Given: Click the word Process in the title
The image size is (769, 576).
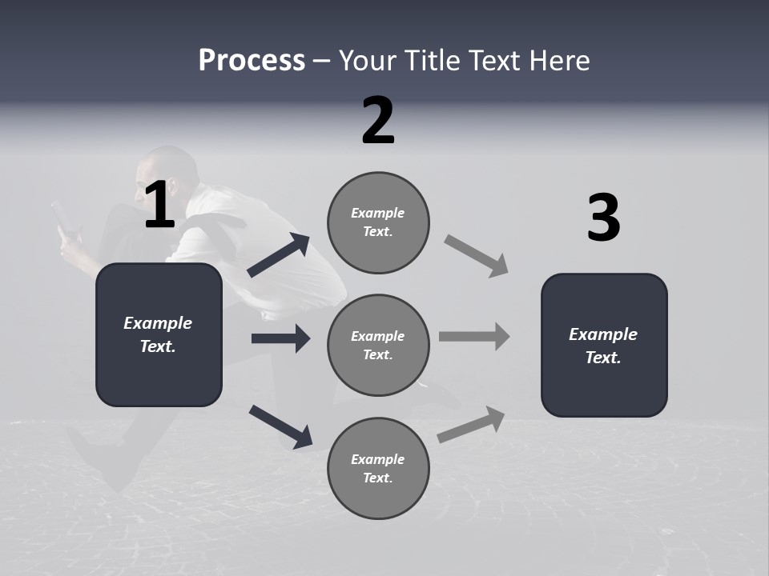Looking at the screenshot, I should coord(252,60).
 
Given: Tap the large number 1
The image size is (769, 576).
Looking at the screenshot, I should coord(159,206).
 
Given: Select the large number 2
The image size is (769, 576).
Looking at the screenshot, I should coord(378,121).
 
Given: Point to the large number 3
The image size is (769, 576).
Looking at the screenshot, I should coord(603,218).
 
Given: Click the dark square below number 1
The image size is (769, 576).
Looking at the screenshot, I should coord(159,334).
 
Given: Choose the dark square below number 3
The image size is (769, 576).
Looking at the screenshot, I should coord(604,345).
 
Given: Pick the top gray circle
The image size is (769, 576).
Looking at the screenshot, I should coord(378,222).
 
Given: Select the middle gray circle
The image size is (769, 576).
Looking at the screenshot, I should coord(378,345).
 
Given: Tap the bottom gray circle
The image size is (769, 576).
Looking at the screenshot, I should coord(378,468).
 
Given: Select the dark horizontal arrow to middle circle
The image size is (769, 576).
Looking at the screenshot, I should coord(280,338).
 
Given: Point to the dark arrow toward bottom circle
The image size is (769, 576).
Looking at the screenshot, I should coord(280,426).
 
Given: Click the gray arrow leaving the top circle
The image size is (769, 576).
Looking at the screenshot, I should coord(477,256).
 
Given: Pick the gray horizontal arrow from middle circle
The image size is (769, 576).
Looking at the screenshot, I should coord(474,336).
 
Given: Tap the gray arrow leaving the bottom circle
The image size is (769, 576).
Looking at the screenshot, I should coord(472,424).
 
